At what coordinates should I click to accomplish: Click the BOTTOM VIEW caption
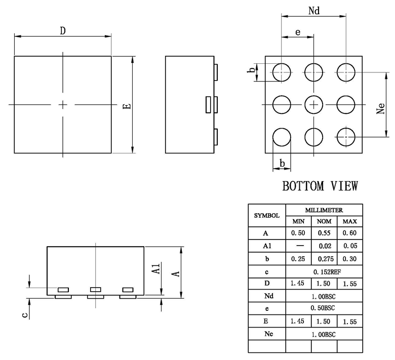click(x=320, y=186)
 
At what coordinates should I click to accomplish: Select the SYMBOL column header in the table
click(x=267, y=215)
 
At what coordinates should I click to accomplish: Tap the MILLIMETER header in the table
click(x=324, y=210)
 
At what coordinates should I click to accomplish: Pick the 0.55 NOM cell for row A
click(x=324, y=233)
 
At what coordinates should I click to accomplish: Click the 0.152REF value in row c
click(x=324, y=271)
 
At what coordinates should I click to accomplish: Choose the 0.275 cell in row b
click(x=324, y=259)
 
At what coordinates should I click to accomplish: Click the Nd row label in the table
click(x=267, y=296)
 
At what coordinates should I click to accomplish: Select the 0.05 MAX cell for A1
click(x=350, y=246)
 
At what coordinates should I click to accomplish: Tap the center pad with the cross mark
click(x=314, y=104)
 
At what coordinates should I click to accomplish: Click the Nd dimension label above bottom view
click(x=314, y=11)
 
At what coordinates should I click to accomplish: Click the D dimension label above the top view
click(x=63, y=31)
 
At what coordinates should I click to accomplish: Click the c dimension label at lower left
click(x=24, y=314)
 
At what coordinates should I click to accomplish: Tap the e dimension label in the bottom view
click(x=298, y=32)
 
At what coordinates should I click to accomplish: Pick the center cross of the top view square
click(x=63, y=104)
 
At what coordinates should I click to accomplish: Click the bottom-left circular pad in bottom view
click(x=282, y=137)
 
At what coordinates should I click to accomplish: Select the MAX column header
click(x=350, y=221)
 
